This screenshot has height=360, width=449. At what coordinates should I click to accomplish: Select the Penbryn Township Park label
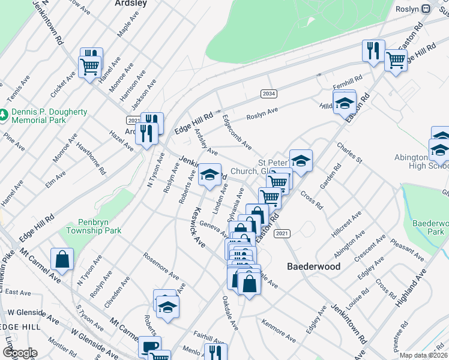point(94,226)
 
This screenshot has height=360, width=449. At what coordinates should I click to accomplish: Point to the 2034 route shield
point(269,94)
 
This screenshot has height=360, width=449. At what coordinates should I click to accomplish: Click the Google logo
point(19,353)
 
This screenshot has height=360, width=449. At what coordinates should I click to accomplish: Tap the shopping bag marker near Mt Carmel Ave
point(62,260)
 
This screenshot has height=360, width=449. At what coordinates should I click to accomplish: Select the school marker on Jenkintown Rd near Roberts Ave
point(209,175)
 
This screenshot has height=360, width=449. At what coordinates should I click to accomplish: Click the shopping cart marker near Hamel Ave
point(89,67)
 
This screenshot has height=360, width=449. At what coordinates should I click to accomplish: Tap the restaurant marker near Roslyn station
point(373,52)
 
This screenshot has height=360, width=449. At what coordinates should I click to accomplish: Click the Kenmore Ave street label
point(279,333)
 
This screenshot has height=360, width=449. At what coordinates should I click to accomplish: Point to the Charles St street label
point(349,153)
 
